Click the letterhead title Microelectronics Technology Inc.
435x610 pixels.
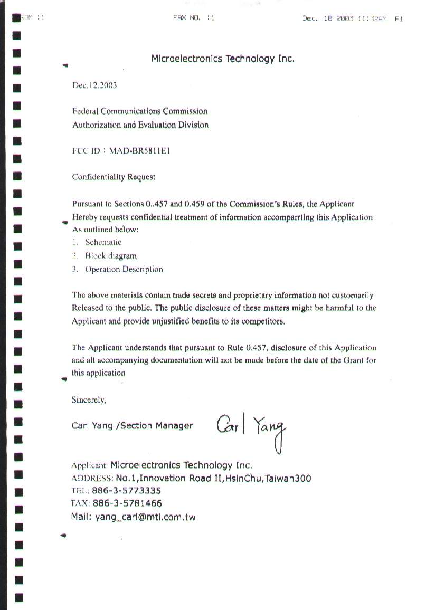tap(222, 59)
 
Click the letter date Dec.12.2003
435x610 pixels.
tap(94, 85)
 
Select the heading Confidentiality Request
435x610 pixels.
tap(114, 177)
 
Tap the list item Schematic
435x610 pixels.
tap(103, 242)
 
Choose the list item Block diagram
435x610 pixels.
tap(110, 256)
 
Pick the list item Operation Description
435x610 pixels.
tap(124, 269)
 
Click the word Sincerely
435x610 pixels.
tap(89, 400)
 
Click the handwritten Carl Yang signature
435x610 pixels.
tap(251, 427)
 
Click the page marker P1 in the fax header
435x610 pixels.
tap(399, 18)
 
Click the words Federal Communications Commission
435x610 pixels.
tap(139, 111)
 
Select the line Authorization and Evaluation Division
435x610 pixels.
tap(140, 125)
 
